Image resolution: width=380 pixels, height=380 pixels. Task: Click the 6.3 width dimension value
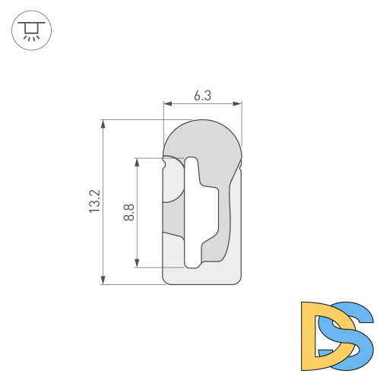click(x=202, y=96)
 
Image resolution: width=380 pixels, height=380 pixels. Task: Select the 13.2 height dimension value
click(x=94, y=201)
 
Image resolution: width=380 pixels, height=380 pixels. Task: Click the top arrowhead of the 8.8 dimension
click(x=138, y=161)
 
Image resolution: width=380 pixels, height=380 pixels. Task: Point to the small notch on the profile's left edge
click(x=165, y=161)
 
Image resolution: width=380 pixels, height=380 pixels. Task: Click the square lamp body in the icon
click(x=31, y=27)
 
